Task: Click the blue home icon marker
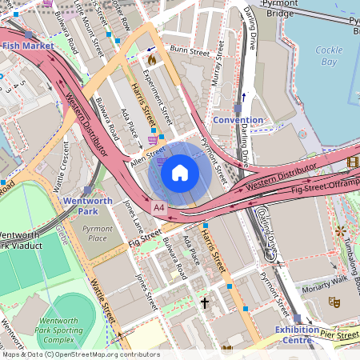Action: (180, 173)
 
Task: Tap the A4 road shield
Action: (158, 207)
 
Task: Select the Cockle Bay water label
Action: (329, 55)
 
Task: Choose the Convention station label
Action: (238, 120)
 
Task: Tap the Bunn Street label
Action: (189, 50)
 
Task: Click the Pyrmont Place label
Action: (98, 234)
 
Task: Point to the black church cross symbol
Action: (205, 303)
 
